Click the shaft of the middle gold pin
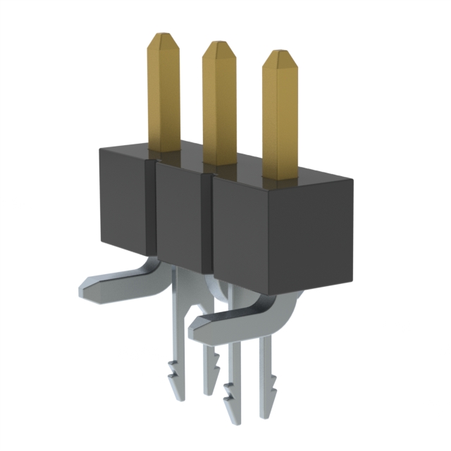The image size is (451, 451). (219, 106)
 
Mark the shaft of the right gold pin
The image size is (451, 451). (280, 120)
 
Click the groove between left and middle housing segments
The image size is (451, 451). (150, 211)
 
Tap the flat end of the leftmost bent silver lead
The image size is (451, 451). (83, 289)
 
